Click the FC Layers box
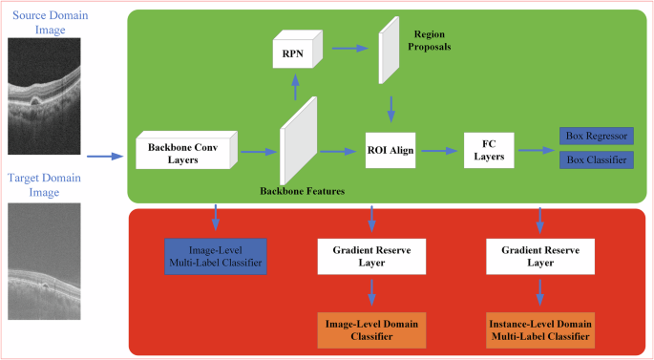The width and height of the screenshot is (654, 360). [488, 150]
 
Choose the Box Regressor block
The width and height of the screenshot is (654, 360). [593, 138]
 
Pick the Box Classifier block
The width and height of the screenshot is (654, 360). [593, 160]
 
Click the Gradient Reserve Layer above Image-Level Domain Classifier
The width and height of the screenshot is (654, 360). [372, 253]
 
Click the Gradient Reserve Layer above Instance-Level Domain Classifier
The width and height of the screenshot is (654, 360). [540, 253]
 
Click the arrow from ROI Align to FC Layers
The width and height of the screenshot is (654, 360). [439, 151]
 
